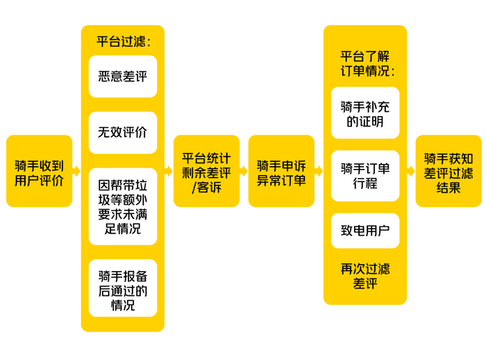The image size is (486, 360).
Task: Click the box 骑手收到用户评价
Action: [x=39, y=171]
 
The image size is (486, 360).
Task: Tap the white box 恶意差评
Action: [x=123, y=76]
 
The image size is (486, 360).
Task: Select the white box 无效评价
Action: [x=123, y=132]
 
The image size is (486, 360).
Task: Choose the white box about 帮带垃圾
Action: [x=123, y=206]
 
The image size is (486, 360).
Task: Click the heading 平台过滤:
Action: [x=123, y=41]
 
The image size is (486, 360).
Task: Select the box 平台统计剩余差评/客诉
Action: [x=206, y=171]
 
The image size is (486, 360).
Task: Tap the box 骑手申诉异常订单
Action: [x=281, y=171]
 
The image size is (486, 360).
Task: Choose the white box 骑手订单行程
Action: [x=365, y=176]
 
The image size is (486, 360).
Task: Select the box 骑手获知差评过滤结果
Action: [x=449, y=171]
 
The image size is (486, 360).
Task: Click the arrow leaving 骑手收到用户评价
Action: [x=76, y=171]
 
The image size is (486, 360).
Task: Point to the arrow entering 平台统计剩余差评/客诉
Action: [x=168, y=171]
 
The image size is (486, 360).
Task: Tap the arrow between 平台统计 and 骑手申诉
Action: [x=244, y=171]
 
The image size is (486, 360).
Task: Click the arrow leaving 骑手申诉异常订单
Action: [x=319, y=171]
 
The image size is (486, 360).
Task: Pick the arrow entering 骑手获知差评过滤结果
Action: [x=411, y=171]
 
